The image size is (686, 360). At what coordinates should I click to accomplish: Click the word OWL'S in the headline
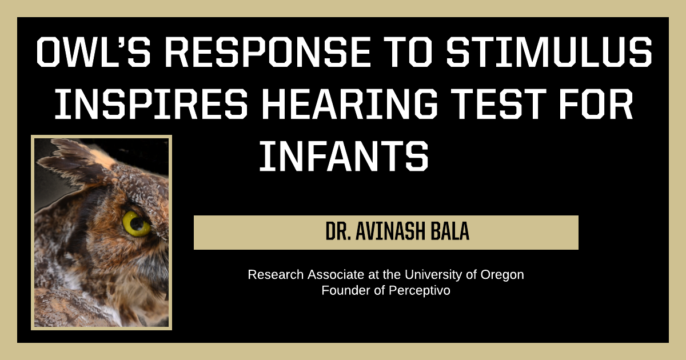coord(94,52)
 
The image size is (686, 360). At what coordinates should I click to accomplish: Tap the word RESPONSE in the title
coord(268,52)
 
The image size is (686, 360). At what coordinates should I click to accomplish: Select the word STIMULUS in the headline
coord(549,52)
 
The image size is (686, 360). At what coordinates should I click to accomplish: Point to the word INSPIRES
coord(151,104)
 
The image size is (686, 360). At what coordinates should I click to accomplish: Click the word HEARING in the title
coord(350,104)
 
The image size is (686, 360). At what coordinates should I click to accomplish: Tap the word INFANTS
coord(344,156)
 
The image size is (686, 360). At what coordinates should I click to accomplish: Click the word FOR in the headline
coord(596,104)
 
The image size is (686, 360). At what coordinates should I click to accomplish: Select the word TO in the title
coord(409,52)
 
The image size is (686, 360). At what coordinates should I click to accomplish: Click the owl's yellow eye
coord(136,224)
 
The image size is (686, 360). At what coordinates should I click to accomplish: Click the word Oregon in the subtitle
coord(502,275)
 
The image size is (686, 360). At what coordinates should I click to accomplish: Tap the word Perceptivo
coord(420,290)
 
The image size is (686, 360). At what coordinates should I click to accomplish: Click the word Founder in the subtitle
coord(346,290)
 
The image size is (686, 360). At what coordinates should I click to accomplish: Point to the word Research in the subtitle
coord(276,275)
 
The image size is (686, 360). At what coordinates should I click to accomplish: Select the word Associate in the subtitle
coord(336,275)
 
